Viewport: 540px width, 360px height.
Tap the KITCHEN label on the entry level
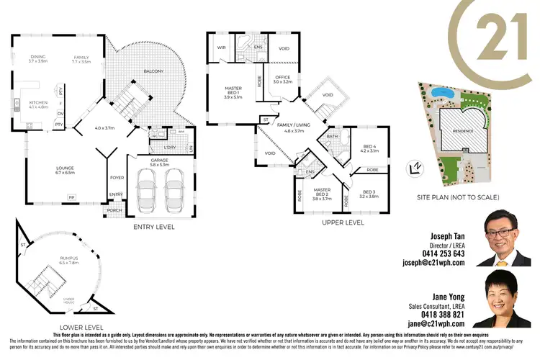(x=37, y=103)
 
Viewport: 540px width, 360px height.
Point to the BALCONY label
(x=153, y=71)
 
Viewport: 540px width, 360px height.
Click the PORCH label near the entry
(x=114, y=211)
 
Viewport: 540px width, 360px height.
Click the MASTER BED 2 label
(x=321, y=193)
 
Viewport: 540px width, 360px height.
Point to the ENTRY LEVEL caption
(x=154, y=227)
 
